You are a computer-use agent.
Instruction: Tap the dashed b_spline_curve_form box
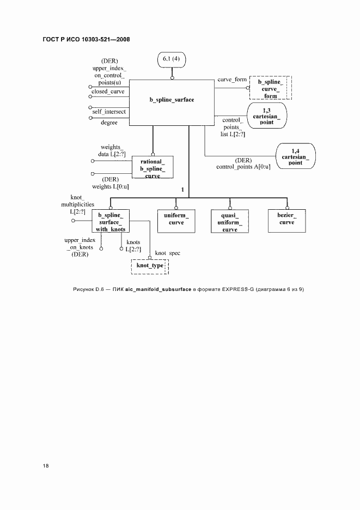pyautogui.click(x=271, y=89)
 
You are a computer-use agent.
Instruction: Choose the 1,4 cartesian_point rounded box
pyautogui.click(x=295, y=156)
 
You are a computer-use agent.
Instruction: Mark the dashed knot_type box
pyautogui.click(x=150, y=266)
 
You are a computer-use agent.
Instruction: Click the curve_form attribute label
pyautogui.click(x=231, y=80)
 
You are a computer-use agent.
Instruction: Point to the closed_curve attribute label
pyautogui.click(x=108, y=92)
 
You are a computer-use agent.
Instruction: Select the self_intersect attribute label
pyautogui.click(x=108, y=111)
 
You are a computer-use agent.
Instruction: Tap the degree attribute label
pyautogui.click(x=109, y=123)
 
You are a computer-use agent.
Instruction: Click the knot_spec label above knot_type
pyautogui.click(x=167, y=253)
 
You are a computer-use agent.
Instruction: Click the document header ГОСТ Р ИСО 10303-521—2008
pyautogui.click(x=86, y=40)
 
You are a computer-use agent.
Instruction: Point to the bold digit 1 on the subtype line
pyautogui.click(x=183, y=190)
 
